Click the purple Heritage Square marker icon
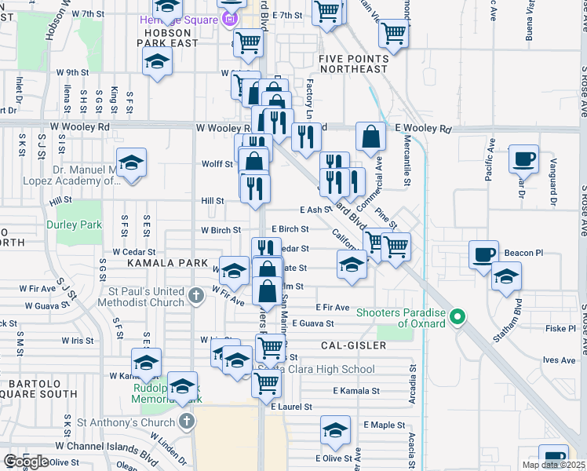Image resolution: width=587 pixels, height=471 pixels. (x=230, y=19)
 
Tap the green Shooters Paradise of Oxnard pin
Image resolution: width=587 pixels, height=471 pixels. (x=460, y=318)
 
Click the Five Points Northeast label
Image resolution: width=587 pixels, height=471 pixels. (x=353, y=64)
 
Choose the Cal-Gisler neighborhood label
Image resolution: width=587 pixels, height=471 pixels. (x=353, y=345)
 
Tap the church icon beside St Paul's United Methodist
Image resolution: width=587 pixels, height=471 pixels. (x=197, y=297)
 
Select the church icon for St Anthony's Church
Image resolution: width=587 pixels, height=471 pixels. (x=186, y=422)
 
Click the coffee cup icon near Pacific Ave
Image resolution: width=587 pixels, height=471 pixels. (x=523, y=159)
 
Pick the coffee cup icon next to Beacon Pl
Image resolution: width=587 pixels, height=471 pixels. (x=483, y=254)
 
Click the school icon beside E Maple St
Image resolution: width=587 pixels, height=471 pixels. (x=335, y=431)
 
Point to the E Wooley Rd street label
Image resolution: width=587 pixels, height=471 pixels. (x=424, y=129)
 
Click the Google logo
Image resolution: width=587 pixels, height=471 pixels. (x=26, y=462)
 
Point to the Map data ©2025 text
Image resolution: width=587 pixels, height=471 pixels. (x=553, y=465)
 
